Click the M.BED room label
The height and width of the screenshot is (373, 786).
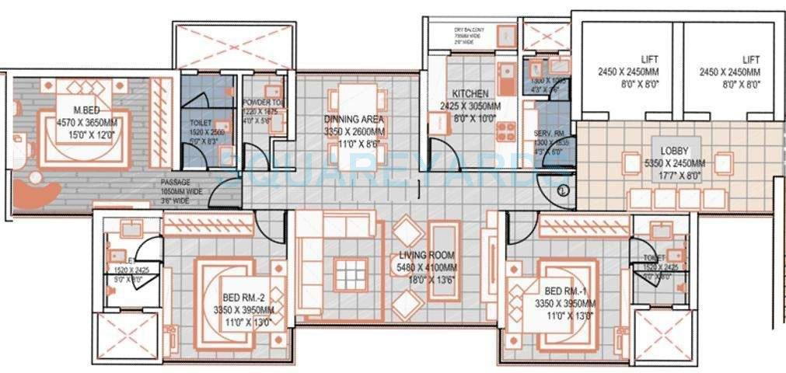click(x=85, y=110)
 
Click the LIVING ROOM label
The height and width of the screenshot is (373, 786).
click(x=427, y=254)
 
